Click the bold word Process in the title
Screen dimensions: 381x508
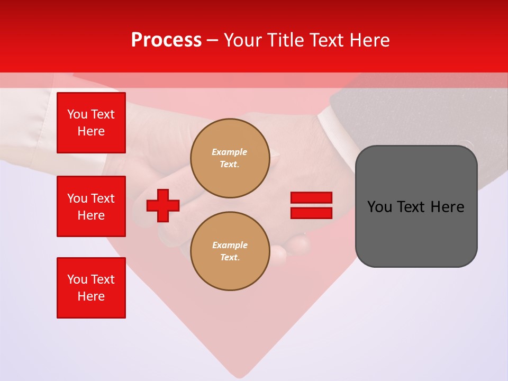(x=166, y=40)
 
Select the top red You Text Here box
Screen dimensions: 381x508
(x=91, y=123)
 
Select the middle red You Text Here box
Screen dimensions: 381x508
(x=91, y=206)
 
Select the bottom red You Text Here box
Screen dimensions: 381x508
(x=91, y=288)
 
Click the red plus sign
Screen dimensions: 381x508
(x=163, y=205)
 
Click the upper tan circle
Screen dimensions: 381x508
(x=230, y=158)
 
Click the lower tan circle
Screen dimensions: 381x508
(x=230, y=251)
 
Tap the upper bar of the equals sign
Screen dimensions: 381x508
(x=311, y=198)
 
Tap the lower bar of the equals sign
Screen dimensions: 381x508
(x=311, y=213)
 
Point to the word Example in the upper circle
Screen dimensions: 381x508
(x=230, y=152)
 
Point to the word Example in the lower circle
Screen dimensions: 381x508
(x=230, y=245)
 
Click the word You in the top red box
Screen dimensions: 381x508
(x=77, y=114)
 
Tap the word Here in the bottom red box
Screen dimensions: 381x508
(x=91, y=296)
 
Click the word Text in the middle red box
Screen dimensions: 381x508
(x=103, y=198)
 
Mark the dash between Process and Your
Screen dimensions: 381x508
(x=213, y=40)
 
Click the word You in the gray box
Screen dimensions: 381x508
(x=379, y=207)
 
